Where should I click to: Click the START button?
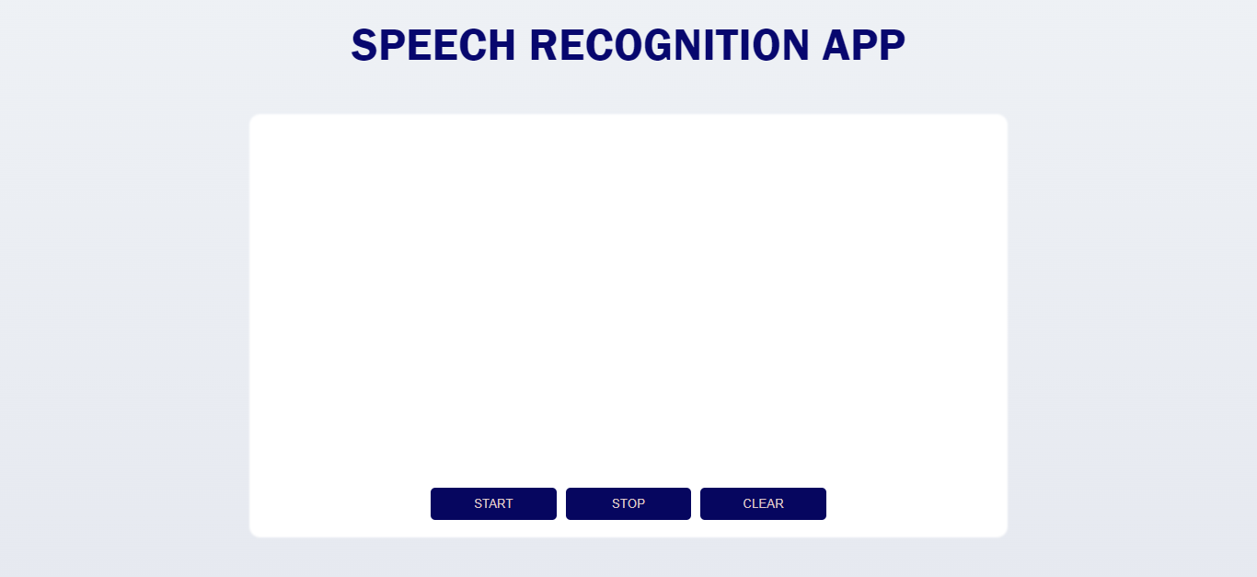point(493,503)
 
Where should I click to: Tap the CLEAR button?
point(763,503)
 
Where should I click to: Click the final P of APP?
point(892,45)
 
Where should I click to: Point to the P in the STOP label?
point(640,503)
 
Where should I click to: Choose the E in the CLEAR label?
point(762,503)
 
